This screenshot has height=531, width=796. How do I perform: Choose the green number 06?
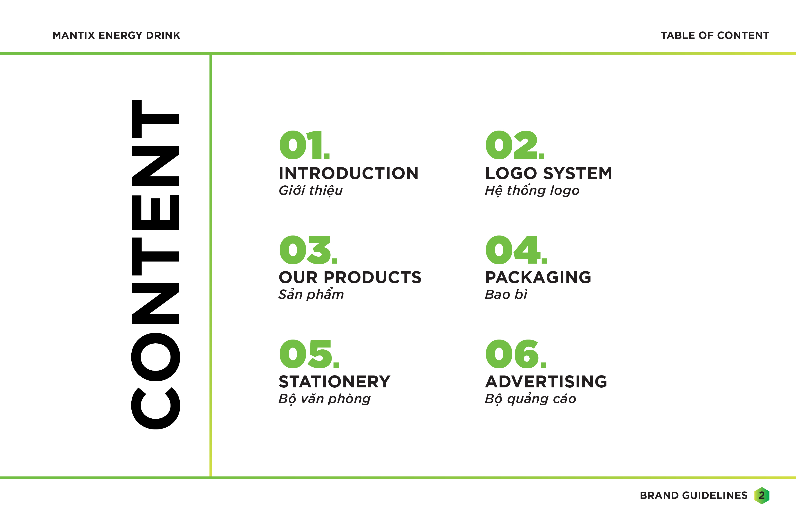(516, 354)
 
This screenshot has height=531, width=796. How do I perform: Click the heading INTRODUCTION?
(349, 173)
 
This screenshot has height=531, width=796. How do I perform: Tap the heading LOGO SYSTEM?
(549, 173)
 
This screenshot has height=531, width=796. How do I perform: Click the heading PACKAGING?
(538, 277)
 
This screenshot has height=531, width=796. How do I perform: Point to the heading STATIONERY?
(334, 382)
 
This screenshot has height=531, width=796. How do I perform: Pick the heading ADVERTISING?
(546, 382)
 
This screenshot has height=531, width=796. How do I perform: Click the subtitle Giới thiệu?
(311, 191)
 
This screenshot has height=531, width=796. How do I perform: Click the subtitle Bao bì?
(506, 295)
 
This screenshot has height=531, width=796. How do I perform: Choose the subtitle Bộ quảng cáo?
(530, 399)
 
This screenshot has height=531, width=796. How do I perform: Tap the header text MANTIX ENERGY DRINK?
(116, 36)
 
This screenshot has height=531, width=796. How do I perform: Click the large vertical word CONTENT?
(155, 265)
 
